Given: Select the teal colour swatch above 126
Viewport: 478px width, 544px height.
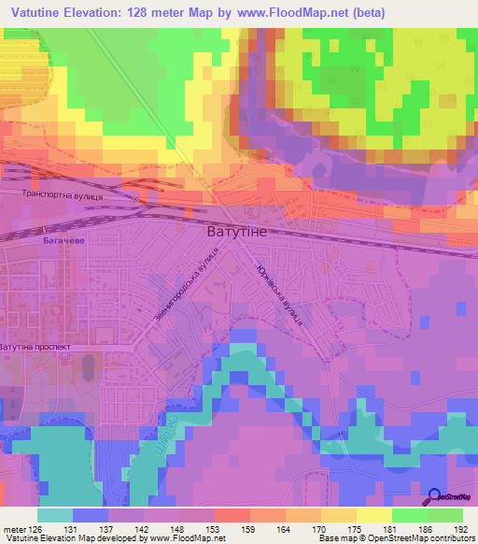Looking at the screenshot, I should [55, 515].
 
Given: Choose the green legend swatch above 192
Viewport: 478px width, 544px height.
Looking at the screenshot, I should [444, 515].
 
